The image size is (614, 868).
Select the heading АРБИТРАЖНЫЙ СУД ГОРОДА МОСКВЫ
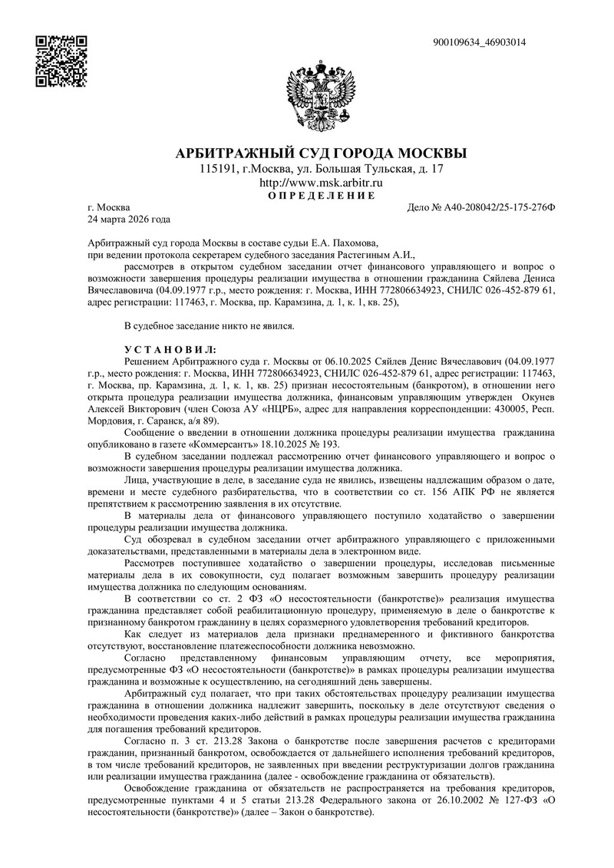point(322,152)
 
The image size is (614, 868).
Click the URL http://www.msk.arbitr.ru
point(322,183)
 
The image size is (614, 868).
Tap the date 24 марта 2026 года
point(130,220)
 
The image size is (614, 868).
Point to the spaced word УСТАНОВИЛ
point(170,349)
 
